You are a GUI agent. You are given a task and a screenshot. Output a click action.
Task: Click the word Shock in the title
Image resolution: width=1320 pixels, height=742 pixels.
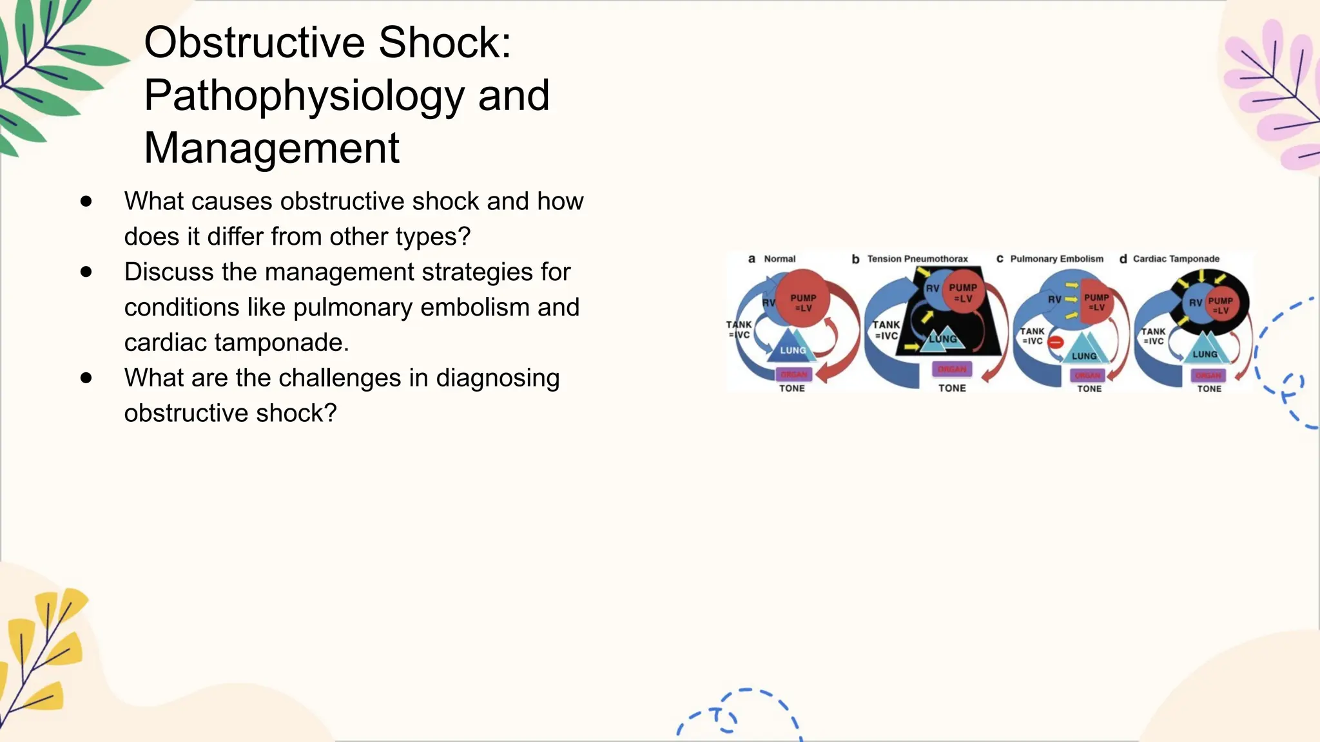point(444,43)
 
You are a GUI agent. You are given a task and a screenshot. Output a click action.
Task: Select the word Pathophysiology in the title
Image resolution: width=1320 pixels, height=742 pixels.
point(303,95)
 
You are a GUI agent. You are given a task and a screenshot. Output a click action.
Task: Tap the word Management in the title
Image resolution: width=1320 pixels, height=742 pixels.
point(271,148)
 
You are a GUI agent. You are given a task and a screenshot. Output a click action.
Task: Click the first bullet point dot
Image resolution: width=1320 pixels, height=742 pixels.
point(86,202)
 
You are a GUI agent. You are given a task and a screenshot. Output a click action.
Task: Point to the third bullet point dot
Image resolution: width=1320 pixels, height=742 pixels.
point(86,378)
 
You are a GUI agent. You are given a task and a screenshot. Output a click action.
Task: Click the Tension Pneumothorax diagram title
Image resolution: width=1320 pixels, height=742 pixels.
point(917,259)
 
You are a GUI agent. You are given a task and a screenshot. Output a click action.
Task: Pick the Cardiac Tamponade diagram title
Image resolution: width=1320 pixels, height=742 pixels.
point(1176,259)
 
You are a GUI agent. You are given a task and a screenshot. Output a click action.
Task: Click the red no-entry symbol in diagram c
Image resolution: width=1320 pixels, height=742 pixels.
point(1056,343)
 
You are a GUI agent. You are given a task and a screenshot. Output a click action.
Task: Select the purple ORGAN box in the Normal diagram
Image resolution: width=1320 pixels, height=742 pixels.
point(794,374)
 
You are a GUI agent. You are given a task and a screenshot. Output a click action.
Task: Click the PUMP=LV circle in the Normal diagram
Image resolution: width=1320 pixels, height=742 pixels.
point(802,301)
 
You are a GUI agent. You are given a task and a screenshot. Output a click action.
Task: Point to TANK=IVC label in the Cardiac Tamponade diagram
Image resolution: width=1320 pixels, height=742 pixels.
point(1153,336)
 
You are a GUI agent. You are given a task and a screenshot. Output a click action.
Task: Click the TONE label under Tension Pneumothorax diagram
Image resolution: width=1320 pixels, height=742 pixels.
point(952,388)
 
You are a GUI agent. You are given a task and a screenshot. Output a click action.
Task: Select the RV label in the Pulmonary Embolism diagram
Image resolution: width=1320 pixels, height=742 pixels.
point(1054,300)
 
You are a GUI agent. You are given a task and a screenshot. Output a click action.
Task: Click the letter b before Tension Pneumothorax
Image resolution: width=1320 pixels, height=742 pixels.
point(855,259)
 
